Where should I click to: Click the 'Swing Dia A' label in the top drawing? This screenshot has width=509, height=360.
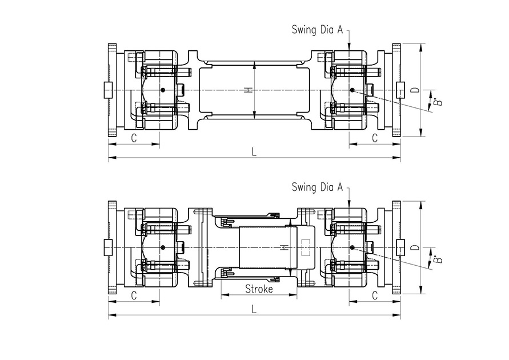[317, 29]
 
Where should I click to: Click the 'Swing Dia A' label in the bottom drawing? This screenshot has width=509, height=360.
[317, 186]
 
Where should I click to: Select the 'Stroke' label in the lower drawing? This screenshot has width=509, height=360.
[259, 289]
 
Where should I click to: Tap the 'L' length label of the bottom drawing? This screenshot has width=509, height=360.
[254, 309]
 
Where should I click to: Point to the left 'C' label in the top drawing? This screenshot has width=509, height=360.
[134, 138]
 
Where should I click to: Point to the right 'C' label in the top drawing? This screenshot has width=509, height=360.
[375, 138]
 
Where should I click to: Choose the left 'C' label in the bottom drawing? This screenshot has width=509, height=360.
[134, 295]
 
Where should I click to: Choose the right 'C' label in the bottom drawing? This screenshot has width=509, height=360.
[375, 295]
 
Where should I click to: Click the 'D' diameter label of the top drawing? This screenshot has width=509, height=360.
[415, 90]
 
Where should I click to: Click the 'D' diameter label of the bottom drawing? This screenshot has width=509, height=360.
[415, 247]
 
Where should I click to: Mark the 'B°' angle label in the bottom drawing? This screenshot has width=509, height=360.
[438, 260]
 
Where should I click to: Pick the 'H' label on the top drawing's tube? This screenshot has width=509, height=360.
[247, 90]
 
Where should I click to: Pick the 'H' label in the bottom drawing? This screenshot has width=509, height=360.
[284, 247]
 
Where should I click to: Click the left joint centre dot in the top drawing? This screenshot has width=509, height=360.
[163, 90]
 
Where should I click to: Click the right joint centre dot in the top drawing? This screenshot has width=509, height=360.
[352, 90]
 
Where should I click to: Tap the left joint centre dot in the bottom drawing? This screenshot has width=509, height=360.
[163, 247]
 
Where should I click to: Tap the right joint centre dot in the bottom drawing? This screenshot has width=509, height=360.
[352, 247]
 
